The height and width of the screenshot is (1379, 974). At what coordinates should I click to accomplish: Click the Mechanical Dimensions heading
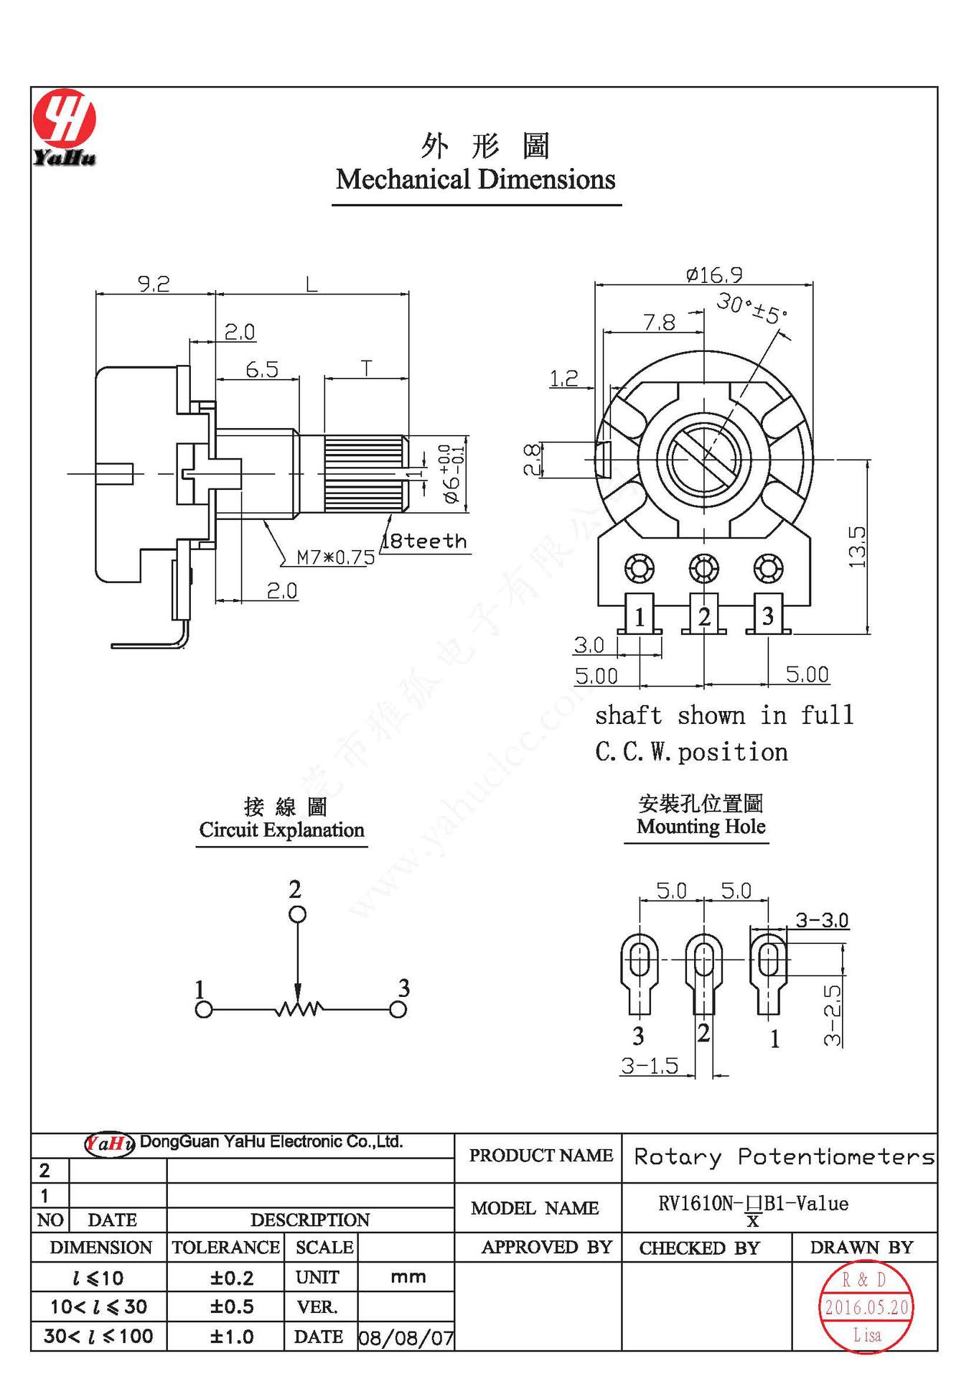point(475,180)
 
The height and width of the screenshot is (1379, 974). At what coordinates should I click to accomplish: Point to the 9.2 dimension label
point(154,284)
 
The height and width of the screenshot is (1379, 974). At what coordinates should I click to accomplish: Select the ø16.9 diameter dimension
point(713,274)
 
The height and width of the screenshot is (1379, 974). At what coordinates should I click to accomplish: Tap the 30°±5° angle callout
point(751,309)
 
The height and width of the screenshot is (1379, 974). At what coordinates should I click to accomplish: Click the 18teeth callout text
point(424,541)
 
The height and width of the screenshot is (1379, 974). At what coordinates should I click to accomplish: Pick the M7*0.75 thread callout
point(335,557)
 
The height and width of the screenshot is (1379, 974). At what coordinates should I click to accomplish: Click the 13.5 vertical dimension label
point(857,547)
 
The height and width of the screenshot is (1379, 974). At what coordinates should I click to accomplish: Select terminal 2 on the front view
point(703,616)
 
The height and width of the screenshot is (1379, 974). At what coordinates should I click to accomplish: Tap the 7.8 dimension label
point(659,322)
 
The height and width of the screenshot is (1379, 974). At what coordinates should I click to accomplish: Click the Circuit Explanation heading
point(281,830)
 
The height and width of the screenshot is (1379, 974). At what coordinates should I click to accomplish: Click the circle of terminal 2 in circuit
point(297,914)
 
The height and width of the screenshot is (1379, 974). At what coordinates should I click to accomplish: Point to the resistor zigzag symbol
point(298,1009)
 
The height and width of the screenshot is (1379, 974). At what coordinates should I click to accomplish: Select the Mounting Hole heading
point(701,826)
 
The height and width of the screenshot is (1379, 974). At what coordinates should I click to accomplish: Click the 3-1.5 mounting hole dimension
point(650,1066)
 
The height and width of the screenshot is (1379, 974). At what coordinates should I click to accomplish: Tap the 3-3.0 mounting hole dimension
point(821,920)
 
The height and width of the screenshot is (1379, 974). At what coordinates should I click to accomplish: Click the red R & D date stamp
point(866,1306)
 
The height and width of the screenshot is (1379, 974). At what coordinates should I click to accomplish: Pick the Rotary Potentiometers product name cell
point(784,1156)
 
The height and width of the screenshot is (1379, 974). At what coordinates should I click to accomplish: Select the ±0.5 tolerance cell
point(232,1306)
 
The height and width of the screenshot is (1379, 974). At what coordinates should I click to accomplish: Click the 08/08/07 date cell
point(406,1337)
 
